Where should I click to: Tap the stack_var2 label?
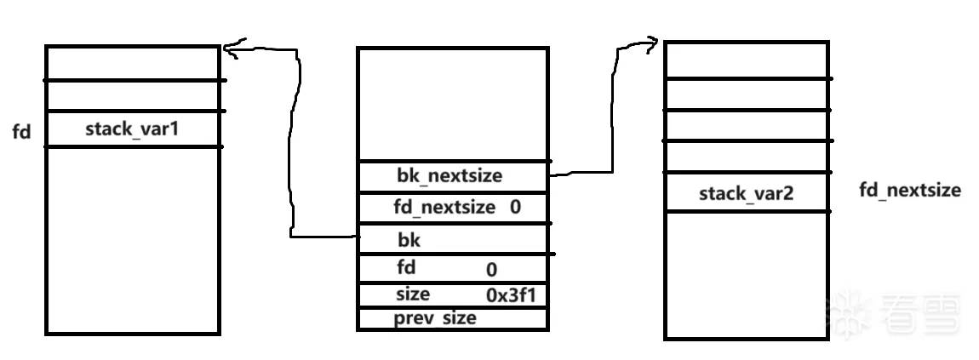click(746, 193)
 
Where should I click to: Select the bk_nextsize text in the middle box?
click(449, 177)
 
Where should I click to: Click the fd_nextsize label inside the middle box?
click(444, 207)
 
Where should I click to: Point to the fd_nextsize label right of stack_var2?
click(910, 190)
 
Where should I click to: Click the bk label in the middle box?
click(409, 240)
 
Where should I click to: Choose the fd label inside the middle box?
click(406, 267)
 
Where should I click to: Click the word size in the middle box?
click(413, 294)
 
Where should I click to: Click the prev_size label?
click(434, 318)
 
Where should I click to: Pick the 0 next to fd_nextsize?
click(516, 207)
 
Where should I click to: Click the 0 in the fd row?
click(491, 271)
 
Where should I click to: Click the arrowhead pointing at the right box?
click(652, 42)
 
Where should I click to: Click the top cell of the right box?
click(746, 60)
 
